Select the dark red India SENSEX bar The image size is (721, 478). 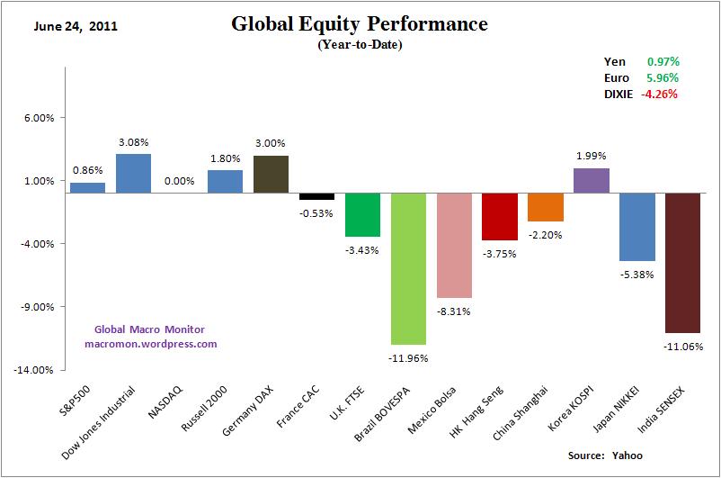[x=682, y=263]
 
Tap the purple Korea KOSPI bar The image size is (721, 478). [x=592, y=180]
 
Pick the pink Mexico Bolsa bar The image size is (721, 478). [x=454, y=245]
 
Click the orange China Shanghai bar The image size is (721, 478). [x=546, y=207]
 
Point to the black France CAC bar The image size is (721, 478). [x=316, y=196]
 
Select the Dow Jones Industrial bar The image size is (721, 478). [x=133, y=174]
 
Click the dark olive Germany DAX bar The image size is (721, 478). [x=271, y=174]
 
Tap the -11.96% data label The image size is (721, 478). [x=408, y=358]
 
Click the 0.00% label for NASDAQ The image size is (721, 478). [x=179, y=180]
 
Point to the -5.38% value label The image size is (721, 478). [x=636, y=275]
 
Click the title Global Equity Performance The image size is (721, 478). [x=360, y=23]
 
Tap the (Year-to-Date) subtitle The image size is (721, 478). [x=360, y=45]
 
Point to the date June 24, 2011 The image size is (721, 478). [x=76, y=26]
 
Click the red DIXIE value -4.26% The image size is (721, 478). [x=659, y=93]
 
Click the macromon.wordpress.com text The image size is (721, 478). [x=151, y=343]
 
